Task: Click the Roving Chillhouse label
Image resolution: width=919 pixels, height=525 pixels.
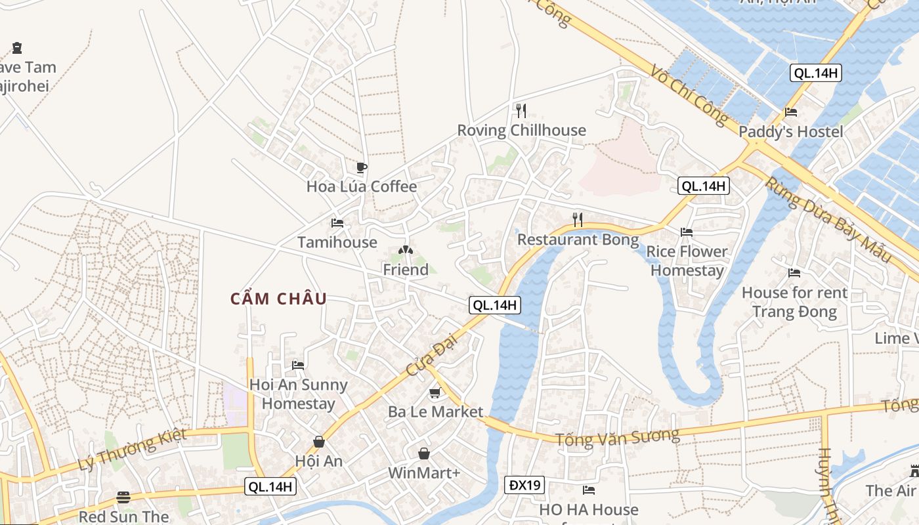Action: [x=521, y=130]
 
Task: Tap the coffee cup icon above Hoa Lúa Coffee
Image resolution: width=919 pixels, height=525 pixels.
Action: [x=361, y=167]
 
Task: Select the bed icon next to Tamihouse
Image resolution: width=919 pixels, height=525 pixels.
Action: [x=337, y=223]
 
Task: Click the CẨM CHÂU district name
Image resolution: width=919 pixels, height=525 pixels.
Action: [x=278, y=299]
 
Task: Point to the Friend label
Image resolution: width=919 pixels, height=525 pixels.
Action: [x=406, y=270]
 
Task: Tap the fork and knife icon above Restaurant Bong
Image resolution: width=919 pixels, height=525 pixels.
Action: [x=578, y=219]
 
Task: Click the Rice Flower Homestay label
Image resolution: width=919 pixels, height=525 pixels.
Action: [x=687, y=261]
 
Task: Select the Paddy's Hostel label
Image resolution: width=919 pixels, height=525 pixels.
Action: [x=790, y=132]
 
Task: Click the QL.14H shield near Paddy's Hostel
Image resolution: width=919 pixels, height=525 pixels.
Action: [x=815, y=73]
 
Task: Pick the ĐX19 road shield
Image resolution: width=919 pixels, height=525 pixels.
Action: [x=525, y=485]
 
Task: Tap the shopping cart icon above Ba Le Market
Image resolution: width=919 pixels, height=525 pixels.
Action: [x=435, y=393]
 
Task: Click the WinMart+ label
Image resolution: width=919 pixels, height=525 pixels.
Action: [x=423, y=472]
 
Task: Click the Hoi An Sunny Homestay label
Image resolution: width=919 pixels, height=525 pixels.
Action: [x=298, y=394]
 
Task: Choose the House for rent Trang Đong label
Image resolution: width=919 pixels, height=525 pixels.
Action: [x=794, y=302]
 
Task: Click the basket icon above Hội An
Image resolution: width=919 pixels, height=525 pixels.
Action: [x=319, y=442]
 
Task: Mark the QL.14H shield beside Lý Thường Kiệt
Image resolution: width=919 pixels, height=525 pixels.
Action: [x=271, y=486]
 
